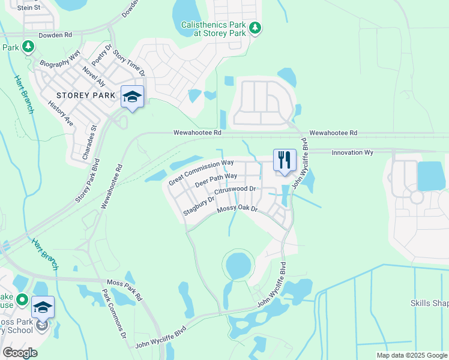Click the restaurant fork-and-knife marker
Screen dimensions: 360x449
[x=285, y=160]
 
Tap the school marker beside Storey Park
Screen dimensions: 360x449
[x=132, y=97]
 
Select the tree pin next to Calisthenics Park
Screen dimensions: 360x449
[x=255, y=28]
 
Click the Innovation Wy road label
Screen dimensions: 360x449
[x=352, y=153]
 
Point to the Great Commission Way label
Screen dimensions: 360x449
[x=201, y=172]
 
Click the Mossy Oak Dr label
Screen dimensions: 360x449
[x=237, y=208]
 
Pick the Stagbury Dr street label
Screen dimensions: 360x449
[x=199, y=205]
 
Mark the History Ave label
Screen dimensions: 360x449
[x=61, y=113]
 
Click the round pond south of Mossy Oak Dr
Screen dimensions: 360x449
[x=238, y=265]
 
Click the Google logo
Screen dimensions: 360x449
[x=20, y=353]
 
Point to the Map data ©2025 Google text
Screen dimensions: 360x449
[x=411, y=355]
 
